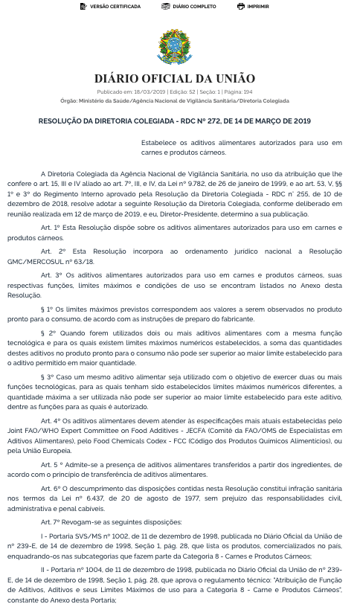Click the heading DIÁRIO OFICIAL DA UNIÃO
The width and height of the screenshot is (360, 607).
tap(175, 79)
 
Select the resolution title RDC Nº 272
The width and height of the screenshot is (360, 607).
tap(175, 121)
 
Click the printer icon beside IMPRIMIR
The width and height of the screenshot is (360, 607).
tap(240, 6)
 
